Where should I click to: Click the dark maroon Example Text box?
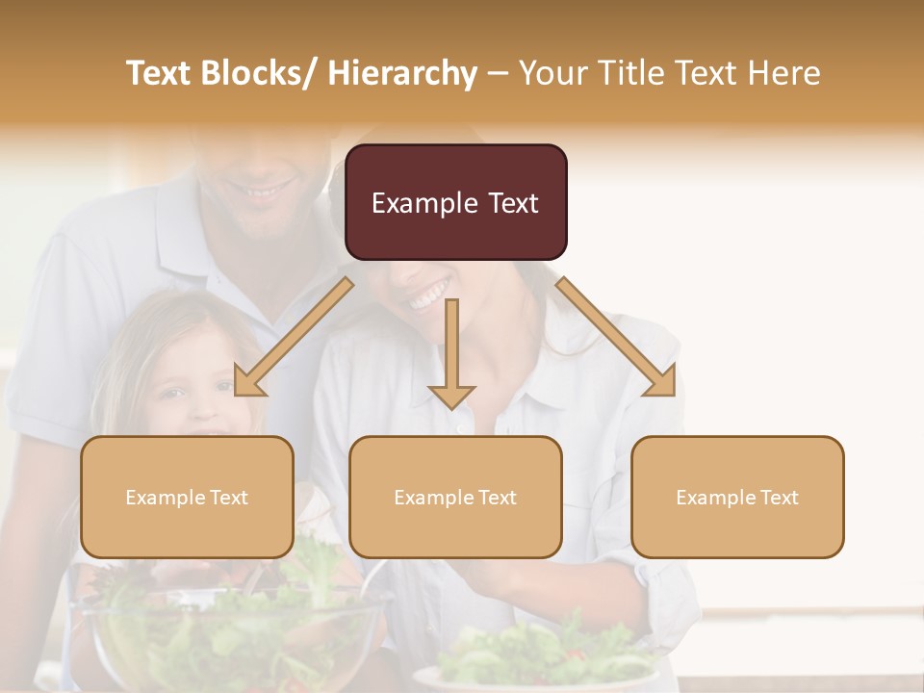[x=455, y=202]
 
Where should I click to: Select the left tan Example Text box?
[x=187, y=497]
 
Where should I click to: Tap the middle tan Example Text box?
[x=455, y=497]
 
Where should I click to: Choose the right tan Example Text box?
[x=737, y=497]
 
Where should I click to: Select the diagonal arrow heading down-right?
[x=616, y=336]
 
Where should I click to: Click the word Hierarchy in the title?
[x=402, y=73]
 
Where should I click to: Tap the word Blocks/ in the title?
[x=257, y=73]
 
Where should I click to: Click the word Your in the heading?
[x=552, y=73]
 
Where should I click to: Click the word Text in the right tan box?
[x=778, y=497]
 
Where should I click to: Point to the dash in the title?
[x=498, y=74]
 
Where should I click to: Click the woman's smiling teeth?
[x=428, y=295]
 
